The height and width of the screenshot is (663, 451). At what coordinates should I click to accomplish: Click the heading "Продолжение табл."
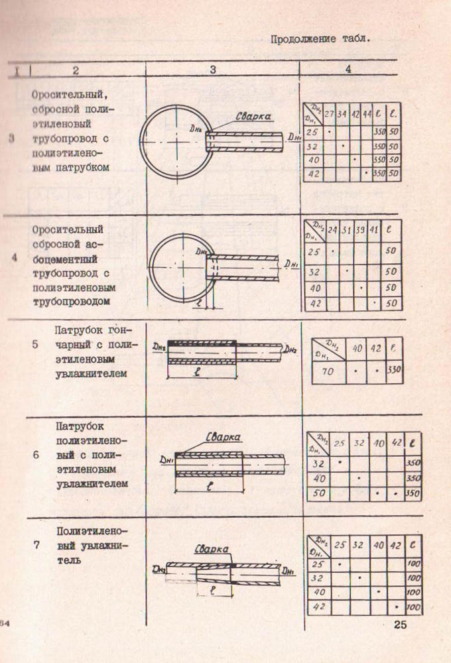[x=320, y=38]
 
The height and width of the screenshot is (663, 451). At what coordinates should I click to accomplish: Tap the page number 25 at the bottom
[x=401, y=624]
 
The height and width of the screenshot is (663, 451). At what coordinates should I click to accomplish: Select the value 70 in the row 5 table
[x=328, y=371]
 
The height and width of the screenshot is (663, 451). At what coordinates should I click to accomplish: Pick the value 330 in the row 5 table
[x=395, y=370]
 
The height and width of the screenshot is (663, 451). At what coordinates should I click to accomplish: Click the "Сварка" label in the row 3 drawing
[x=253, y=117]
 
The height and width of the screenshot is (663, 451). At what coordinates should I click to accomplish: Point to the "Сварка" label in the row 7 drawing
[x=212, y=549]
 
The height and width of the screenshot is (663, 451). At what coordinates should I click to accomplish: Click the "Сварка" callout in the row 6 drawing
[x=223, y=437]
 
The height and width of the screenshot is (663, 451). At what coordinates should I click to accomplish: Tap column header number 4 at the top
[x=348, y=69]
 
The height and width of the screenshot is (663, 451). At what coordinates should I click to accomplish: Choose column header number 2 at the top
[x=76, y=70]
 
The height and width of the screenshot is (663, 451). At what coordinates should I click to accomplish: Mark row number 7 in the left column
[x=37, y=546]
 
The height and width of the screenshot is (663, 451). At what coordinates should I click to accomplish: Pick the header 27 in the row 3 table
[x=329, y=114]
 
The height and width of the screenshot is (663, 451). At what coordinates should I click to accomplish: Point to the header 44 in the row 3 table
[x=367, y=114]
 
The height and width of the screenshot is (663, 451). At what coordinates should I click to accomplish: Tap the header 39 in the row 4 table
[x=361, y=230]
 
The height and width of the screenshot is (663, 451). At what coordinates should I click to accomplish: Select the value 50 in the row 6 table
[x=320, y=493]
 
